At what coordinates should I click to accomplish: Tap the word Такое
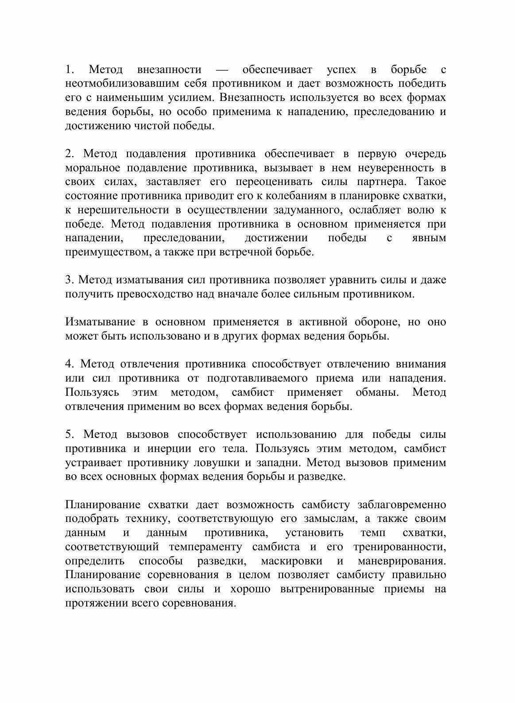click(431, 182)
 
